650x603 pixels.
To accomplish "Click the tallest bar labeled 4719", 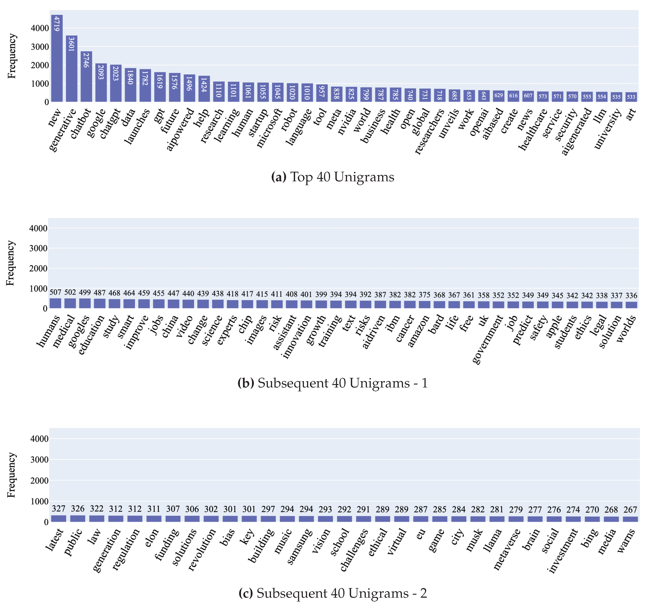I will pyautogui.click(x=57, y=59).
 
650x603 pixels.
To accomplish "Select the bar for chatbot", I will pyautogui.click(x=86, y=77).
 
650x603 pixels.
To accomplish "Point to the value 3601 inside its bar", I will pyautogui.click(x=71, y=44).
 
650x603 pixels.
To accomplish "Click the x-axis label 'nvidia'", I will pyautogui.click(x=347, y=121).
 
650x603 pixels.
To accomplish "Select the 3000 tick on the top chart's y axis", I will pyautogui.click(x=40, y=47).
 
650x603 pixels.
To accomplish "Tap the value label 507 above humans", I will pyautogui.click(x=55, y=292).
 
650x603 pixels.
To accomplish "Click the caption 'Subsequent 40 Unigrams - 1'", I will pyautogui.click(x=332, y=383).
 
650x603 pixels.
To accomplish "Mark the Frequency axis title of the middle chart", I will pyautogui.click(x=11, y=263).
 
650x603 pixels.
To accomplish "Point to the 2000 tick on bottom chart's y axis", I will pyautogui.click(x=40, y=481).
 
